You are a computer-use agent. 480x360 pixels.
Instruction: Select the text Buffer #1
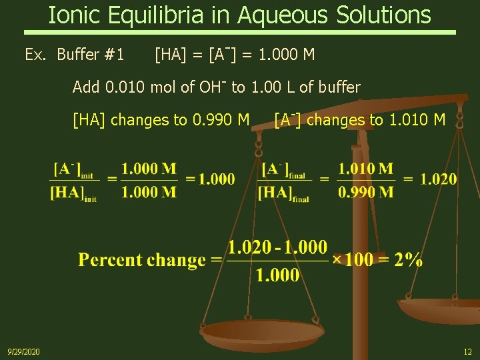pyautogui.click(x=91, y=54)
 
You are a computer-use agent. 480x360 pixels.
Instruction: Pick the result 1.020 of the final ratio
pyautogui.click(x=439, y=179)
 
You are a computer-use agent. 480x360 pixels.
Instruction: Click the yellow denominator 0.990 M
pyautogui.click(x=365, y=193)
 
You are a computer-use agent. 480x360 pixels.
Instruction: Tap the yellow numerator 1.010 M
pyautogui.click(x=365, y=169)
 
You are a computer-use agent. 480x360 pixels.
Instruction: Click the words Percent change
pyautogui.click(x=141, y=260)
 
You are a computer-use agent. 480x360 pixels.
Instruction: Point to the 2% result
pyautogui.click(x=407, y=260)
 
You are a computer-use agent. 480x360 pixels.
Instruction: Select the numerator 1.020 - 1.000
pyautogui.click(x=277, y=248)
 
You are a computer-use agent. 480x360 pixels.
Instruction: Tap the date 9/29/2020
pyautogui.click(x=23, y=351)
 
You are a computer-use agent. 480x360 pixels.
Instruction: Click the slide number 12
pyautogui.click(x=467, y=351)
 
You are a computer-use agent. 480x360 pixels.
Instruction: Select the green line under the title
pyautogui.click(x=240, y=32)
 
